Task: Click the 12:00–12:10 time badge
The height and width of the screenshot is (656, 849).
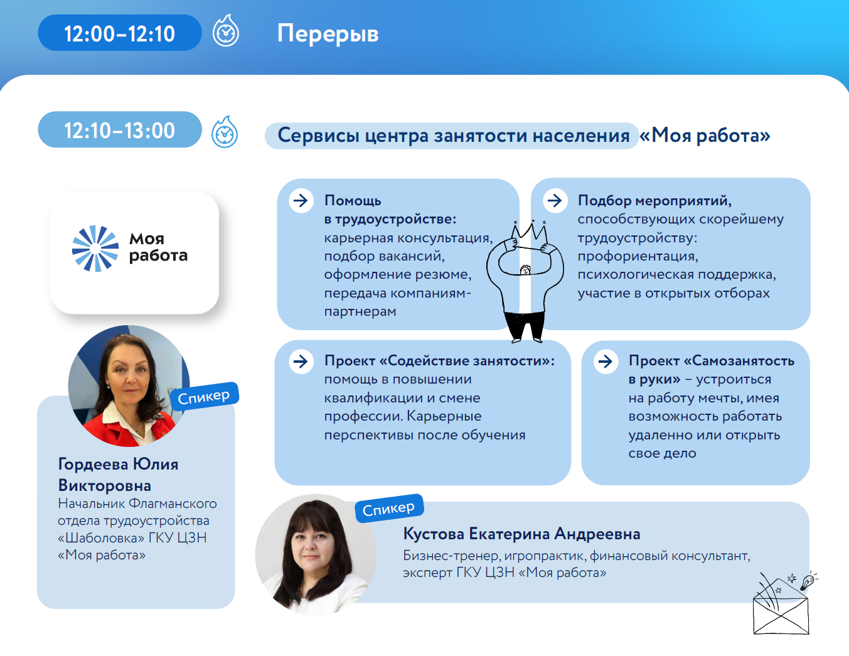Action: point(120,33)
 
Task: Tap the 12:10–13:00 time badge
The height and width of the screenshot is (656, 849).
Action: point(120,130)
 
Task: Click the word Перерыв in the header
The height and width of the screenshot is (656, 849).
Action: point(328,34)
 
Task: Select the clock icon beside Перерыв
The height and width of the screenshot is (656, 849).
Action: point(226,32)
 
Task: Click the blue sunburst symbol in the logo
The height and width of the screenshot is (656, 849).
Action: point(95,249)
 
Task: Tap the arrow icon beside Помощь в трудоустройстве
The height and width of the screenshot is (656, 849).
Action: point(301,201)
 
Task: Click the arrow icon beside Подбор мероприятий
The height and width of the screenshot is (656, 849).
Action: point(555,201)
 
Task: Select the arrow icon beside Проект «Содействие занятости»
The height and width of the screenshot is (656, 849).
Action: point(301,362)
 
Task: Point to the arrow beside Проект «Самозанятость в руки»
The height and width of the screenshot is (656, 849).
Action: point(606,362)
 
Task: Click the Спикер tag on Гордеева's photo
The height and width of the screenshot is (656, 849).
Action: point(205,397)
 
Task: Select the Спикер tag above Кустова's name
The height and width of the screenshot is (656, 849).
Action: point(389,508)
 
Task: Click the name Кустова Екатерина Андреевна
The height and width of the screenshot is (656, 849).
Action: point(521,534)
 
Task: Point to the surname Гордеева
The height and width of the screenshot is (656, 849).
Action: point(93,465)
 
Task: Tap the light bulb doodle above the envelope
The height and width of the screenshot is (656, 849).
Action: point(807,581)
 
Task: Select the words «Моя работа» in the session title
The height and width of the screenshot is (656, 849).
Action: point(705,135)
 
